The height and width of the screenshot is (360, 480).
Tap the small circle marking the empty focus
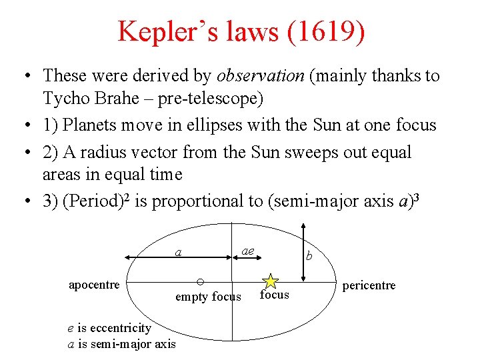(200, 281)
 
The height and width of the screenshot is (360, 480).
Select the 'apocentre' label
(94, 285)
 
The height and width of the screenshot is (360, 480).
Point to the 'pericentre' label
(369, 285)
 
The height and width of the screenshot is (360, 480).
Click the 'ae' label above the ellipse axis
(247, 250)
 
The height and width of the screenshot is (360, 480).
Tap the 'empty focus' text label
(208, 297)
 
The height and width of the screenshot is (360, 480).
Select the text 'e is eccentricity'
(109, 327)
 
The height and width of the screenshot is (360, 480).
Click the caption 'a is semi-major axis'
(122, 344)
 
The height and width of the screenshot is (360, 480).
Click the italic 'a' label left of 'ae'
(178, 253)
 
